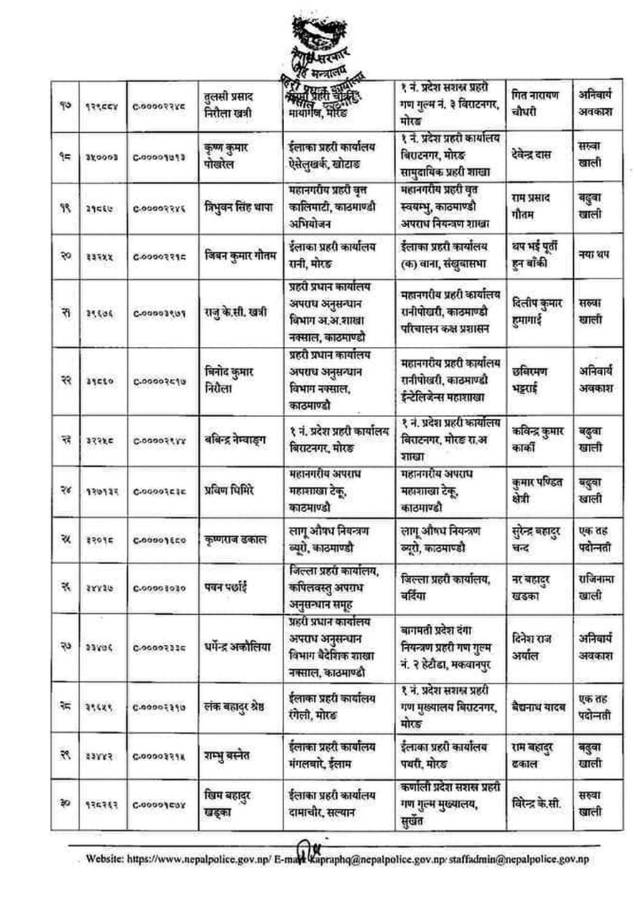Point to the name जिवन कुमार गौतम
236,255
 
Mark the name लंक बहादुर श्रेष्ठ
233,706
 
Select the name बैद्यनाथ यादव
539,706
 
